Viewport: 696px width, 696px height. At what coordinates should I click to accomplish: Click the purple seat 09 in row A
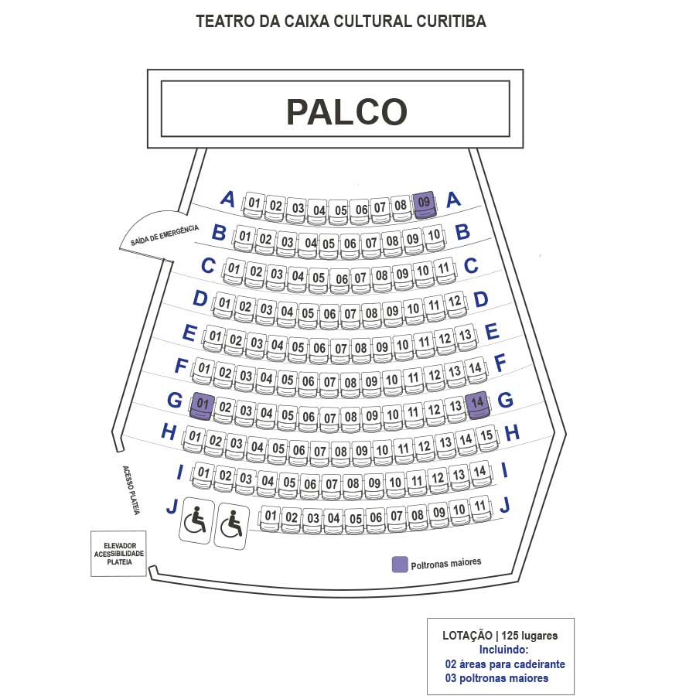click(x=424, y=203)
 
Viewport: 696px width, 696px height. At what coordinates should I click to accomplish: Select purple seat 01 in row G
click(x=203, y=404)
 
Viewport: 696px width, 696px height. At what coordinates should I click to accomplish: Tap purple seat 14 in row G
click(x=478, y=403)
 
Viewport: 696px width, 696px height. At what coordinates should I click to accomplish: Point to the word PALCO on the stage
click(x=346, y=112)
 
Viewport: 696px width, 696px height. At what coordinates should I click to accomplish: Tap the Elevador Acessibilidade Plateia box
click(x=118, y=554)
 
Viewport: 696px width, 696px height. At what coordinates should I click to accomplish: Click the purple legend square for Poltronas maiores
click(x=400, y=564)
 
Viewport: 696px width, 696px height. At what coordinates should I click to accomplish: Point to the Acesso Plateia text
click(x=130, y=490)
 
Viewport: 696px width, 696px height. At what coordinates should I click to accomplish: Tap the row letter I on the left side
click(x=180, y=471)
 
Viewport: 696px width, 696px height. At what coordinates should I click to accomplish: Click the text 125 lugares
click(x=529, y=636)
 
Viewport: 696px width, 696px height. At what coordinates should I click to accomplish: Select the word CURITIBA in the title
click(x=449, y=22)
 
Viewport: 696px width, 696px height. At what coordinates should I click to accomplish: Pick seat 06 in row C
click(x=339, y=278)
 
